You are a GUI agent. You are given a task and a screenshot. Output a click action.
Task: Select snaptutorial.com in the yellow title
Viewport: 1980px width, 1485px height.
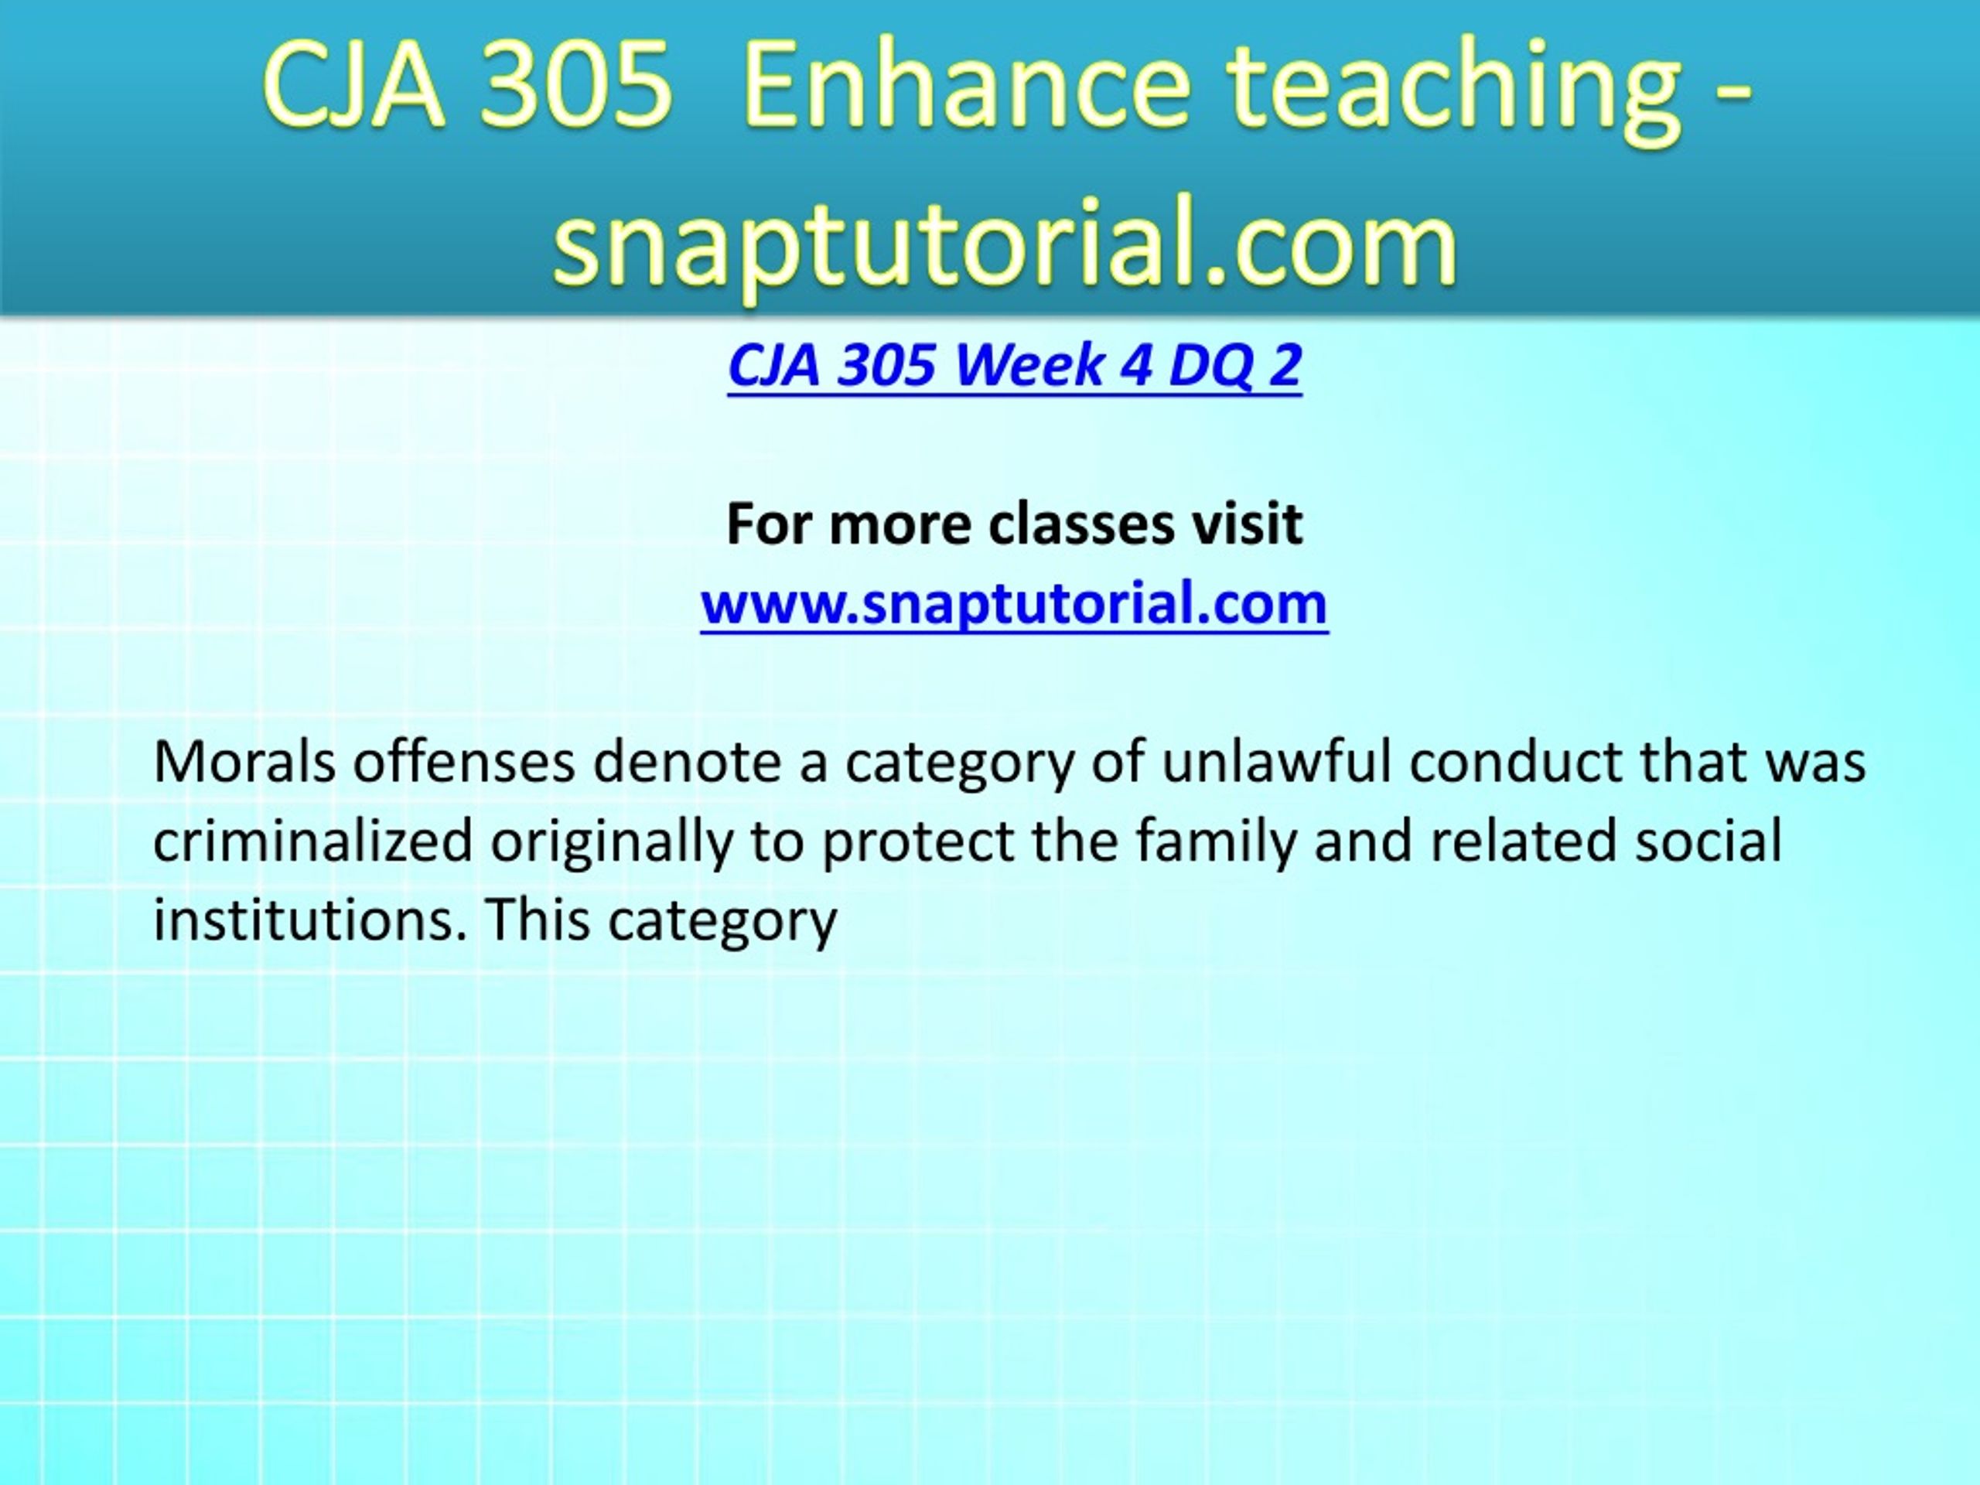[1005, 241]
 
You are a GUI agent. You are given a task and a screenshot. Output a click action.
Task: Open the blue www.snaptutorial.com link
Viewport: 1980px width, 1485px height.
[1014, 603]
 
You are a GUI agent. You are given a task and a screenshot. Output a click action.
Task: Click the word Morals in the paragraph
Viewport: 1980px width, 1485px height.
[244, 762]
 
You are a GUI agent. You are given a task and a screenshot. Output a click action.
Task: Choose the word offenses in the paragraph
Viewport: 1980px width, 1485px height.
[463, 761]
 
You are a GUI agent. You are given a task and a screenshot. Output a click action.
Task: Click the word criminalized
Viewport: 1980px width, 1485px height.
[313, 841]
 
